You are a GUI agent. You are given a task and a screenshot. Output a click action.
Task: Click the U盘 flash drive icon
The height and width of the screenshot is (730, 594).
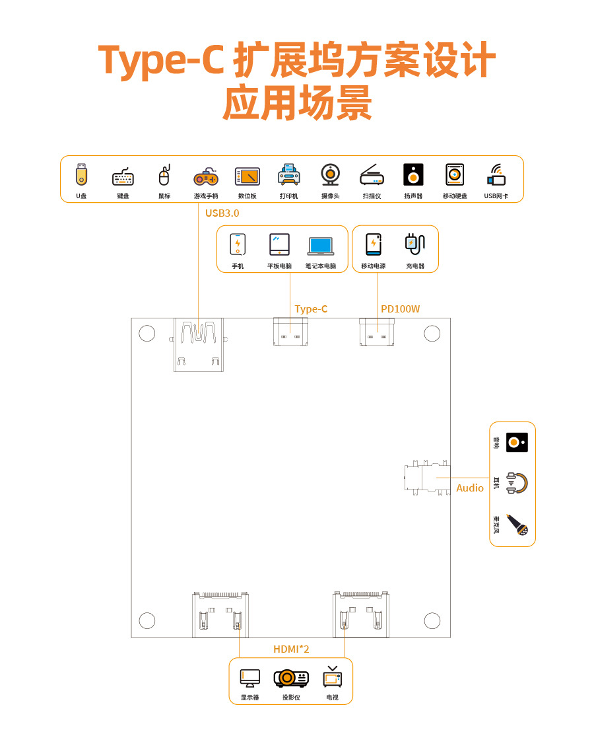point(81,174)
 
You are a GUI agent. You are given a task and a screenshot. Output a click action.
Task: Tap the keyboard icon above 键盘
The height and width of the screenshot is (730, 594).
point(123,177)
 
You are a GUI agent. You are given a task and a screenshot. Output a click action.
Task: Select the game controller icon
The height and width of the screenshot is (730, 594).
point(205,176)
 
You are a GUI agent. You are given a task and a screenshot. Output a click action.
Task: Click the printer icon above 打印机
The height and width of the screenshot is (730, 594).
point(288,174)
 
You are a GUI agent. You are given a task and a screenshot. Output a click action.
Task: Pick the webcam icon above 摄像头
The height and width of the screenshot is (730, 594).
point(330,174)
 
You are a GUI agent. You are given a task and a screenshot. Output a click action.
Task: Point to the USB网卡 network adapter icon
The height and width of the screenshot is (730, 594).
point(496,175)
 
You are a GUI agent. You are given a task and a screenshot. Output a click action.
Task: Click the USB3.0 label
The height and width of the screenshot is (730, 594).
point(222,213)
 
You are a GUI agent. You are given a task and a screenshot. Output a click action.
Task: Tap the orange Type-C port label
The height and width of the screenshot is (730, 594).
point(311,309)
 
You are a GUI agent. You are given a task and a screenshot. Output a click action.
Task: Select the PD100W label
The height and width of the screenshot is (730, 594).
point(400,309)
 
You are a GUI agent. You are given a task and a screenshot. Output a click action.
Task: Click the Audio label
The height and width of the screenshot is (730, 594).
point(470,488)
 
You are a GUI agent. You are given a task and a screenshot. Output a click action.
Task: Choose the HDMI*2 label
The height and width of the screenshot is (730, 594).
point(291,649)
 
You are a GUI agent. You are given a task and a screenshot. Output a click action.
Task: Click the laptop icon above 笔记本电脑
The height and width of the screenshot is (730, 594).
point(321,246)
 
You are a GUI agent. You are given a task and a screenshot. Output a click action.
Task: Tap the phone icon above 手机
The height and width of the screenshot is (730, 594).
point(238,244)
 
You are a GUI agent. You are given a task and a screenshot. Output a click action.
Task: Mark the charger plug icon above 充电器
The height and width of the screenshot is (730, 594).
point(414,244)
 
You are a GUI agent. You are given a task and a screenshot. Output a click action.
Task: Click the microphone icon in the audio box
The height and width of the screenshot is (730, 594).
point(517,525)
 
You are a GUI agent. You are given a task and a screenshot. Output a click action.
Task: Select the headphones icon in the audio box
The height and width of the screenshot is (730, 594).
point(517,483)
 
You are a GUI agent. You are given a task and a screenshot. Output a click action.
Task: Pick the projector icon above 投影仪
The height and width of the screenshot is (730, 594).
point(291,678)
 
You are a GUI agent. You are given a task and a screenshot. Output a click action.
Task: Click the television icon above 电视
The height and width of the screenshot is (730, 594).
point(333,677)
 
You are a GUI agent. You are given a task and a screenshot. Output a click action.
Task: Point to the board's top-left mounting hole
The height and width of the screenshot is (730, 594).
point(147,334)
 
